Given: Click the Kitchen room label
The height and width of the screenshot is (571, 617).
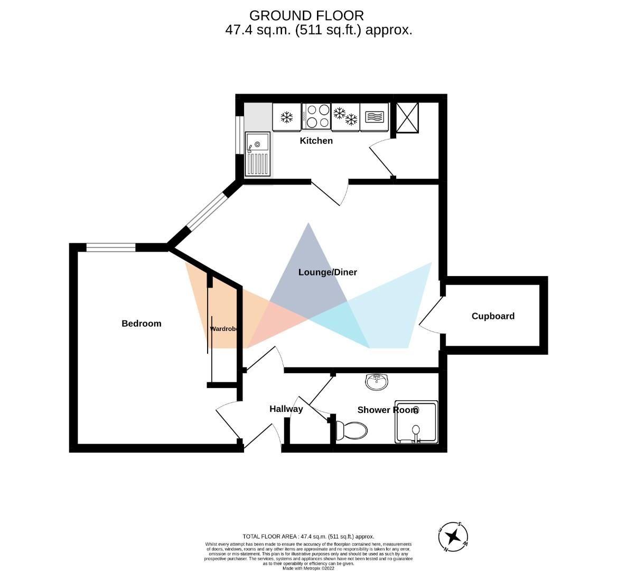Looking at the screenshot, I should point(316,141).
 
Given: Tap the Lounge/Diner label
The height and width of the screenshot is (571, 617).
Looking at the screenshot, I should point(328,272).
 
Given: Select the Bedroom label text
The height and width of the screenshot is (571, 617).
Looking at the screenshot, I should point(141,324).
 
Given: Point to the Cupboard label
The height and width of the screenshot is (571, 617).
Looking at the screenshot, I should point(492,316).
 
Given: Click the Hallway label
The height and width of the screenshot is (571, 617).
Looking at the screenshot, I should point(286,409).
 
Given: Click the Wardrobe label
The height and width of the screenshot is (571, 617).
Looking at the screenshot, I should point(224,329).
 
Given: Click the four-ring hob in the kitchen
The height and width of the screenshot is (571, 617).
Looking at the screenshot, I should point(317,116).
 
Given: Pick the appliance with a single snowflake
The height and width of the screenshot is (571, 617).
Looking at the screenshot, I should point(287,116).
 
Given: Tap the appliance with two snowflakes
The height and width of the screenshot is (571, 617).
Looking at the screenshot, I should point(345,116).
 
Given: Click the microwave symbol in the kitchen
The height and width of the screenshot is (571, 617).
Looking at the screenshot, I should point(375,116).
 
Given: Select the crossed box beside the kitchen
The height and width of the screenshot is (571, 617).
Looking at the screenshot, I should point(407,117).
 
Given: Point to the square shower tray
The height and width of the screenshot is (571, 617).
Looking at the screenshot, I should point(416,422).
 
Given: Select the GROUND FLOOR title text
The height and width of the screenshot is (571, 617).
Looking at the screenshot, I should point(306,15).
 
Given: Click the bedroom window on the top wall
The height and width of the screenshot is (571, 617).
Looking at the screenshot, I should point(111,247).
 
